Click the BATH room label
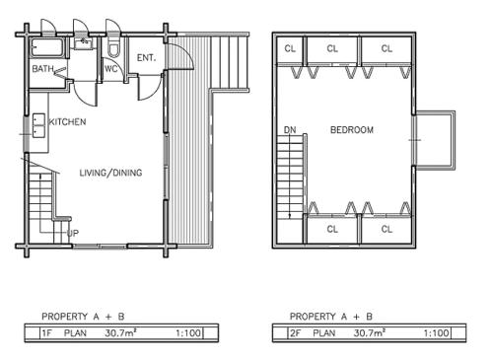(42, 69)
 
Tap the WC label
(111, 69)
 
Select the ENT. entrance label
(147, 57)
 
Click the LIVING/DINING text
(110, 173)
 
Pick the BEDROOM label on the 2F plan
(351, 129)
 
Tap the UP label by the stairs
(73, 233)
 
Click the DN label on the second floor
(290, 129)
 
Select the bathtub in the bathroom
(44, 47)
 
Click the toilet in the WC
(114, 48)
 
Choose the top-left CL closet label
(290, 48)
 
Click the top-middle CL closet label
(332, 48)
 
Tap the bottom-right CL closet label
(387, 229)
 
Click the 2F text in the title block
(297, 332)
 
